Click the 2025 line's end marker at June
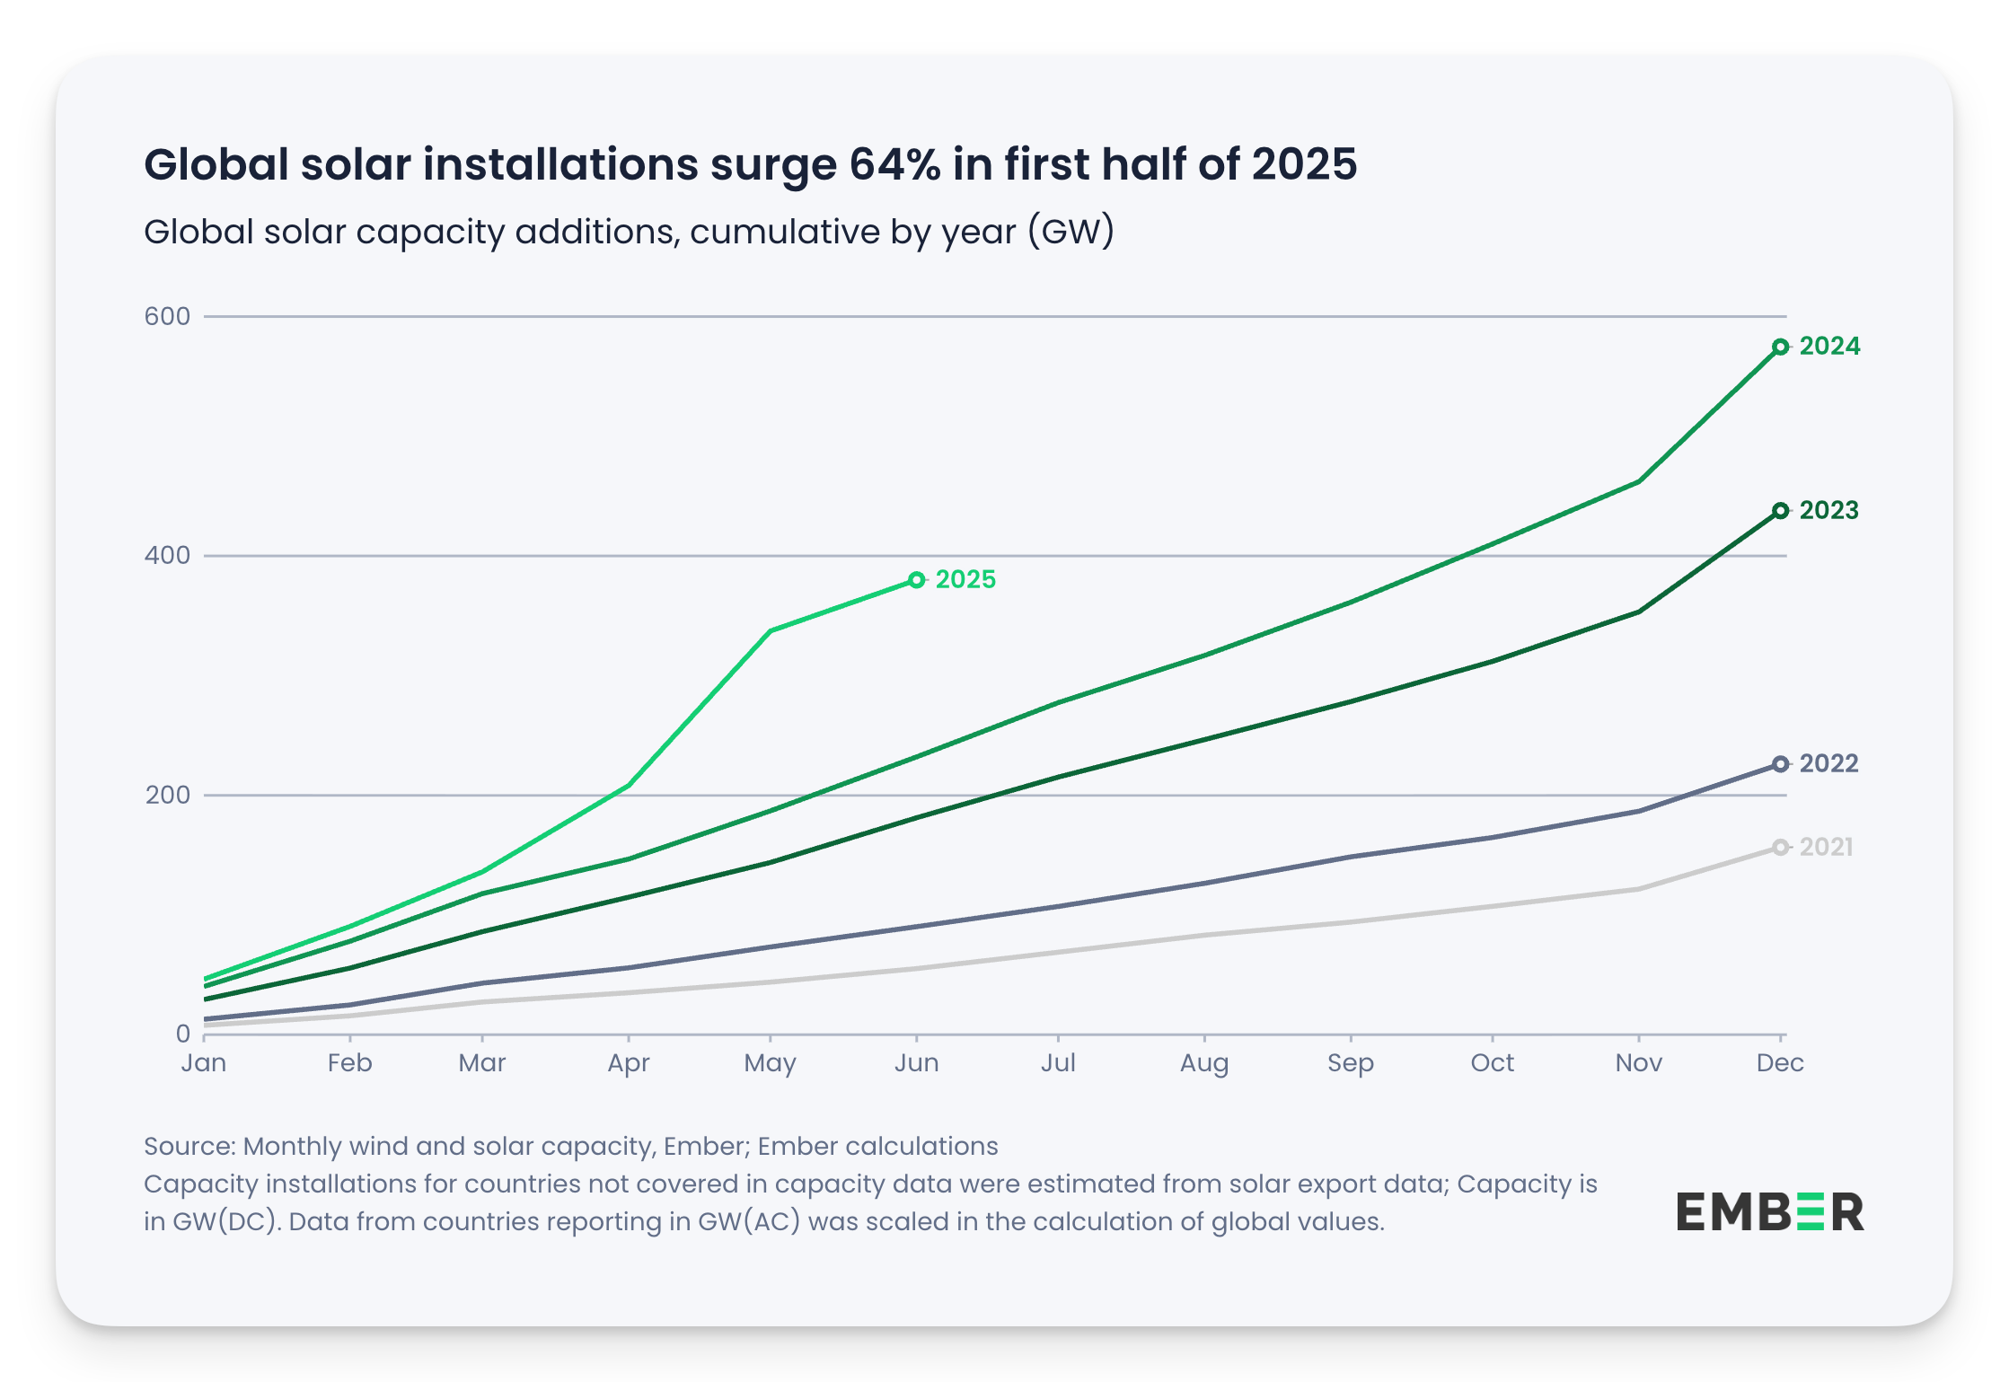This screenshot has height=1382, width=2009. point(916,580)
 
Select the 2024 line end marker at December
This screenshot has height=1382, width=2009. point(1780,347)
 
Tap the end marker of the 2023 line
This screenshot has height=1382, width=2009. point(1780,511)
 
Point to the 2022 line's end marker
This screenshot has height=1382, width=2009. point(1780,764)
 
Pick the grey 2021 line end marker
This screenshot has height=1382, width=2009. point(1780,847)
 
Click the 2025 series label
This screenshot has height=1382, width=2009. point(965,580)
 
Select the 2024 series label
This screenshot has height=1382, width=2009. point(1829,347)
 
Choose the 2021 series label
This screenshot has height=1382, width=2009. point(1827,847)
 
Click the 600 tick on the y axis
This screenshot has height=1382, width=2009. point(168,316)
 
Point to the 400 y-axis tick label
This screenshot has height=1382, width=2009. point(168,555)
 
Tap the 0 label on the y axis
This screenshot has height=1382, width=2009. point(183,1034)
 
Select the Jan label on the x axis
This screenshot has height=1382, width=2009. point(204,1063)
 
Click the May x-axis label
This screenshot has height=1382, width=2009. point(770,1063)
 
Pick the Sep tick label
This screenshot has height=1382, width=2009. point(1350,1063)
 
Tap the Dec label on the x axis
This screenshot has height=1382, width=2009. point(1780,1063)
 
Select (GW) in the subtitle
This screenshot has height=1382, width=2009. point(1071,232)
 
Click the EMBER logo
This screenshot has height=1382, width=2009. point(1769,1212)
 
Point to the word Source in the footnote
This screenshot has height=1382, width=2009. point(189,1147)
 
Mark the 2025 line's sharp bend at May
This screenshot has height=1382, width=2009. point(771,631)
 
